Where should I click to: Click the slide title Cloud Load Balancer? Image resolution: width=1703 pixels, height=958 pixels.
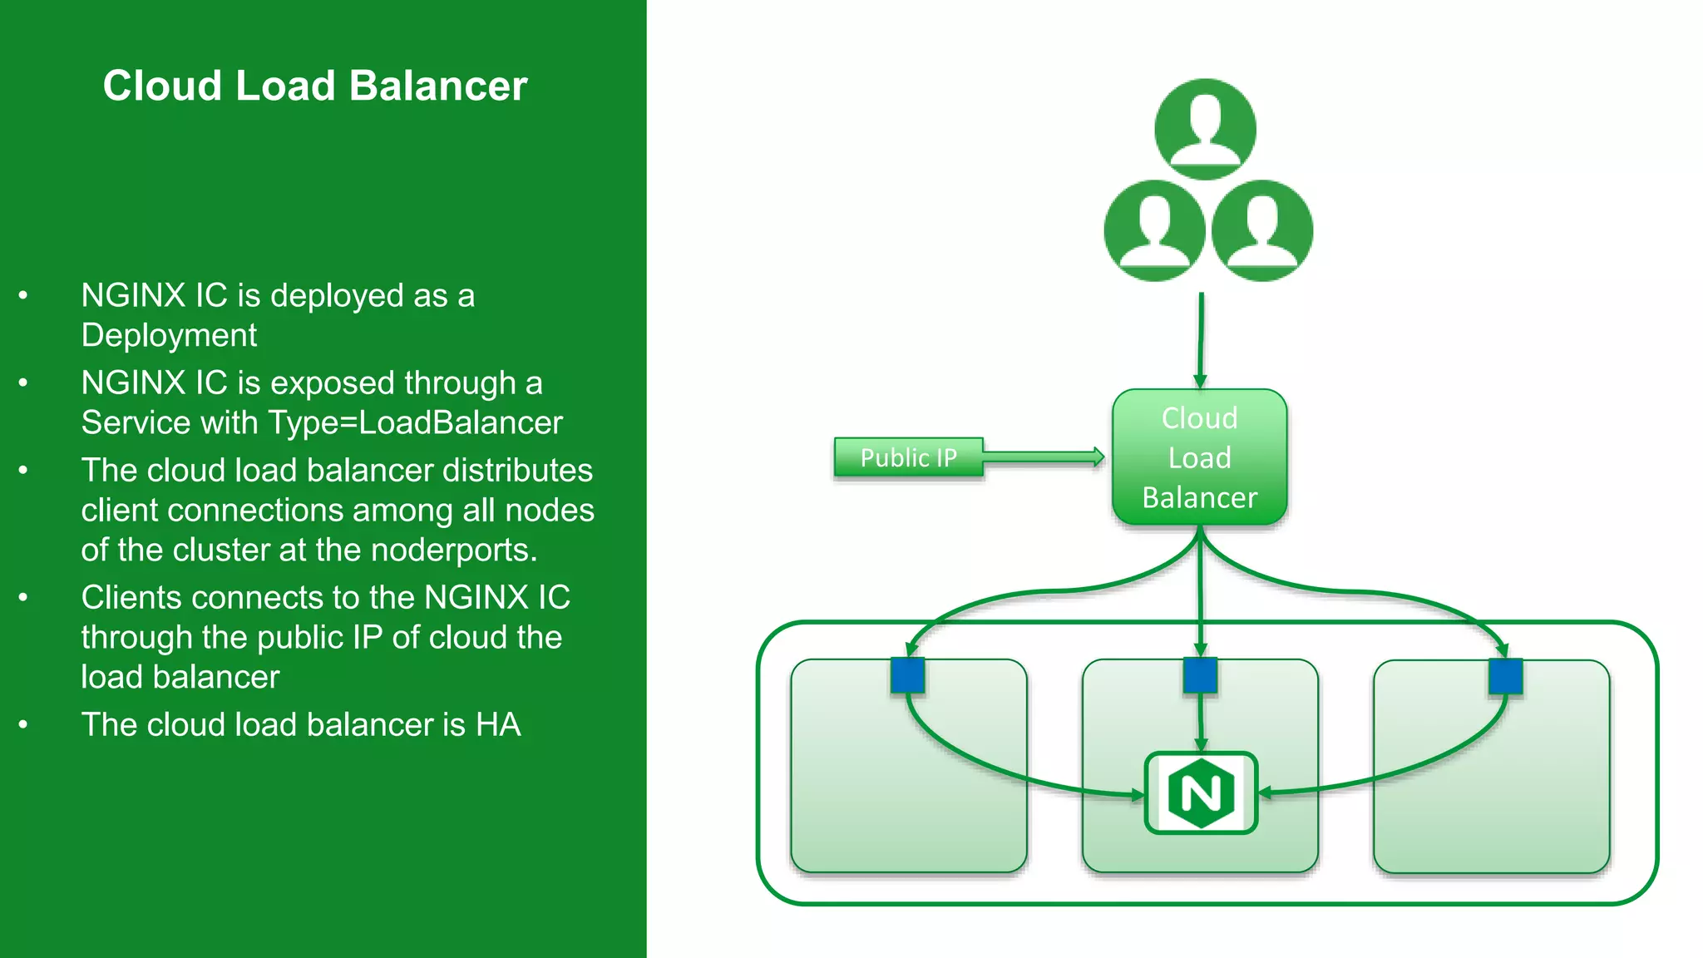315,86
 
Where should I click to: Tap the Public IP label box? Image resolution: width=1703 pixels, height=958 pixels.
908,457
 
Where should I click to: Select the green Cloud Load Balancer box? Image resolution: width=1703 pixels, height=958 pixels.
1199,457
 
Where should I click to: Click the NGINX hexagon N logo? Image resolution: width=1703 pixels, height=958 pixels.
1201,793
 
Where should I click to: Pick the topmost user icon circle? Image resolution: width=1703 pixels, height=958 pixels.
1205,130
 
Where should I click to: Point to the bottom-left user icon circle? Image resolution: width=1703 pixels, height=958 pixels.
1154,230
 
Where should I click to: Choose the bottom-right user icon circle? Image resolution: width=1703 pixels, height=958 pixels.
1261,230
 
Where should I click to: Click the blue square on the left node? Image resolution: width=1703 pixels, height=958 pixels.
907,675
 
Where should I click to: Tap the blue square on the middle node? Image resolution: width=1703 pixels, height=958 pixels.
1200,675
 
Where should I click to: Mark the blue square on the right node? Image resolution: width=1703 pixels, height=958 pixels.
1505,676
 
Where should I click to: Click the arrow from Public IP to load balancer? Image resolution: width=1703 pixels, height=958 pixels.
1044,457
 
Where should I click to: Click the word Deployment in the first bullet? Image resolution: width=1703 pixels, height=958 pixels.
169,335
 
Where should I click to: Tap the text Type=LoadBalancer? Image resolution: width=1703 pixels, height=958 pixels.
415,422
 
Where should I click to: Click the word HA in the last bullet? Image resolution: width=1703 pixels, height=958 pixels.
498,724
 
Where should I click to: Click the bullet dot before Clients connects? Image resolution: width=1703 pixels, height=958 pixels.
23,597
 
